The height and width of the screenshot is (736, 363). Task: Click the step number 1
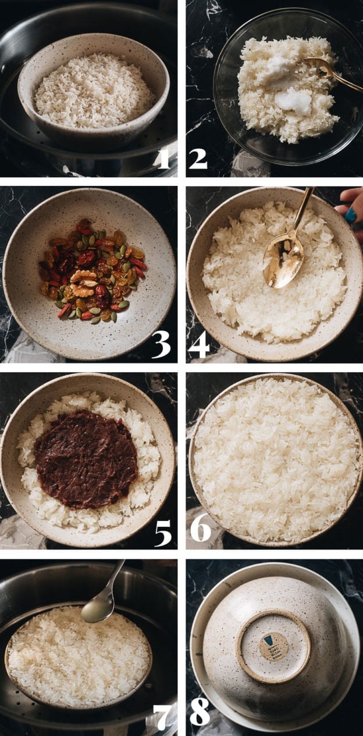[x=163, y=157]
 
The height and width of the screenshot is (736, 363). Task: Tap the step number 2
[x=198, y=157]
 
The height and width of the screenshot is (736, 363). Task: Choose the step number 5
[x=162, y=532]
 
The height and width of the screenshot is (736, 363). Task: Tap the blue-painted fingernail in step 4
[x=350, y=216]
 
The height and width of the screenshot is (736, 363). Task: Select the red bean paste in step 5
[x=86, y=459]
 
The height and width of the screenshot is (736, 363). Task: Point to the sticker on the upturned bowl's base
[x=273, y=646]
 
